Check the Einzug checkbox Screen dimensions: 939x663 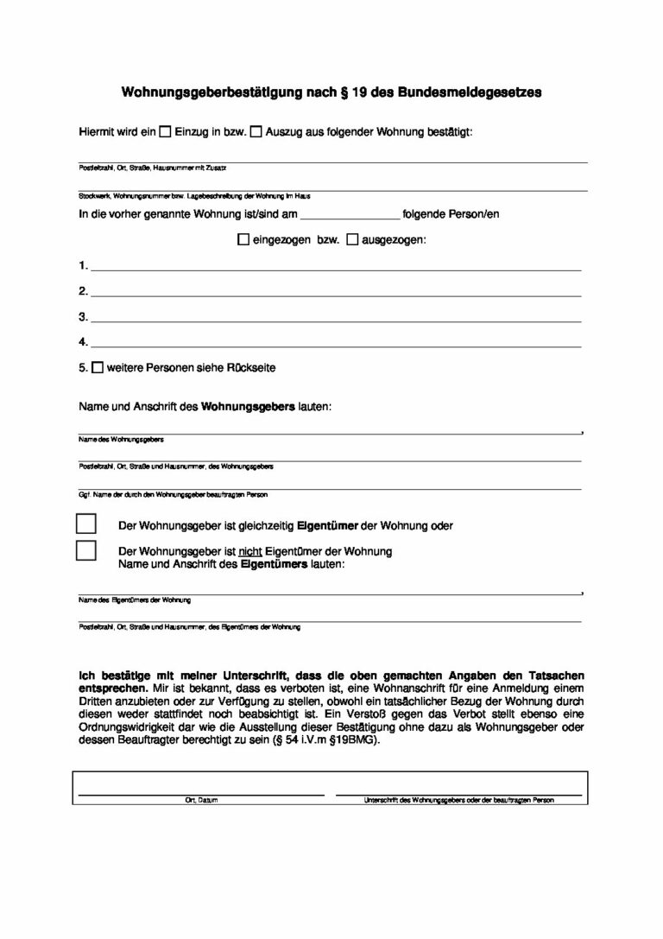point(166,133)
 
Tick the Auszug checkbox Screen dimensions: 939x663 point(256,133)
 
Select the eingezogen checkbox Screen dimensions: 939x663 point(243,240)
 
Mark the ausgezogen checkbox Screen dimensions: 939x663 point(352,240)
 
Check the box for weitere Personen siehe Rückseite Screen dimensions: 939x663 point(98,368)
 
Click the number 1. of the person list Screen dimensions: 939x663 point(83,265)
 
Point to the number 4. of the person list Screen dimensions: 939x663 point(83,342)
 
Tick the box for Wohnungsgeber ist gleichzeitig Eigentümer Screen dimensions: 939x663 point(85,524)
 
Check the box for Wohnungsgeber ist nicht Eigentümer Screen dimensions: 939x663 point(85,550)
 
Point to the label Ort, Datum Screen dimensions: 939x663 point(201,801)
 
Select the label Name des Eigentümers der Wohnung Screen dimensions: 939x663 point(135,600)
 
